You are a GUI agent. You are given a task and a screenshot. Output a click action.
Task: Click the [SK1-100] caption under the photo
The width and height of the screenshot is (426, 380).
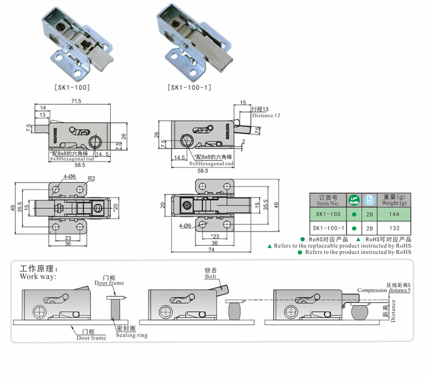(72, 88)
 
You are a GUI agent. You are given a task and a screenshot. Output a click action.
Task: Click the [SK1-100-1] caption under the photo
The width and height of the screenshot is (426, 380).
(190, 88)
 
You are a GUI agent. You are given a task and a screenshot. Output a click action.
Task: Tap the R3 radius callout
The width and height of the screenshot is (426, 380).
(90, 178)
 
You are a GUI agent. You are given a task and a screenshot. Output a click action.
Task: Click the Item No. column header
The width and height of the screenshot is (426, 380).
(328, 200)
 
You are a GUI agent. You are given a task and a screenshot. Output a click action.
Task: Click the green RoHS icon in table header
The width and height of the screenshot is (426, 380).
(354, 200)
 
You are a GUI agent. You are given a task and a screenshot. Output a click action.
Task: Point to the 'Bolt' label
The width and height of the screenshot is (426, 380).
(212, 276)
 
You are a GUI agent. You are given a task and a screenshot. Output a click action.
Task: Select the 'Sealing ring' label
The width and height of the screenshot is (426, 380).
(131, 335)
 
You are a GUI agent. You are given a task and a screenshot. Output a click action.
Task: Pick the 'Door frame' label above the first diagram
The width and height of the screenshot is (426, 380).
(109, 283)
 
